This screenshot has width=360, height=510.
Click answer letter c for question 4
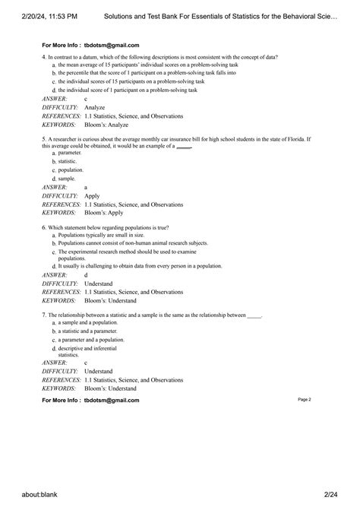tap(86, 99)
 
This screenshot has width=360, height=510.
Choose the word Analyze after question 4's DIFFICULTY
tap(95, 108)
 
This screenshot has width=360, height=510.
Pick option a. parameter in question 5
tap(69, 153)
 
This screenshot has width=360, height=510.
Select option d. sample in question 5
tap(66, 178)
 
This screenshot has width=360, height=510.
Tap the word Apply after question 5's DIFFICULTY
tap(92, 195)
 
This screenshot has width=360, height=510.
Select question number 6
tap(44, 228)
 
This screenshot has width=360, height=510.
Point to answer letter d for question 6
tap(86, 275)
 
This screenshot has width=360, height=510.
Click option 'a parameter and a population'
tap(90, 340)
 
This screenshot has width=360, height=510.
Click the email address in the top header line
tap(112, 46)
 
